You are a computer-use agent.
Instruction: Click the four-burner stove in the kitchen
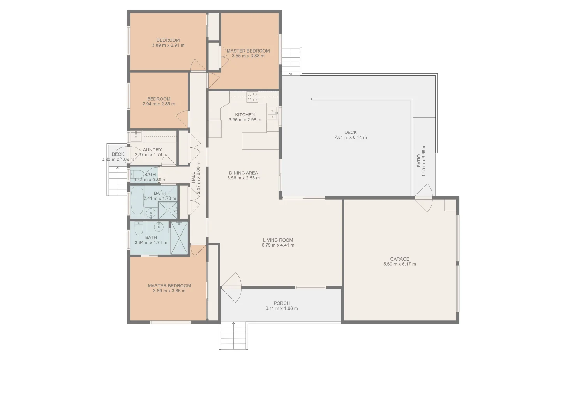252,97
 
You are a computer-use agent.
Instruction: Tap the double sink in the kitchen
272,113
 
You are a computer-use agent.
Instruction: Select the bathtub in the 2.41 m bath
137,200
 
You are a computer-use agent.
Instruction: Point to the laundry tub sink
136,136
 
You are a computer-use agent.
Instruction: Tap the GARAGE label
399,259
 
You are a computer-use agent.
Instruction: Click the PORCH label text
281,303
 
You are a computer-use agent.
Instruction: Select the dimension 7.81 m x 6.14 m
350,137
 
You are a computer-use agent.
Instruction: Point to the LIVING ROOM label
278,240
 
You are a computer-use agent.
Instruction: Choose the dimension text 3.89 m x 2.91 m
168,45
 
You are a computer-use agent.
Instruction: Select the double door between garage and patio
423,198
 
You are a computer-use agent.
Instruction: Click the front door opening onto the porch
231,287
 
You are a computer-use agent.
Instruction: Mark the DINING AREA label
243,173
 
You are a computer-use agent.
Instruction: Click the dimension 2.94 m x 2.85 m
159,104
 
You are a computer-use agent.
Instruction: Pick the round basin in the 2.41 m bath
151,213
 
